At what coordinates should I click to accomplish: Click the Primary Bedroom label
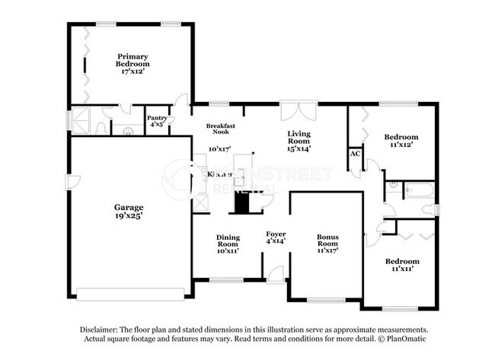(132, 61)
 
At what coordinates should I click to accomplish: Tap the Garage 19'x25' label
(129, 211)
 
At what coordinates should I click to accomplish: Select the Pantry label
(157, 121)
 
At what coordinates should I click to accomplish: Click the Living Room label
(298, 140)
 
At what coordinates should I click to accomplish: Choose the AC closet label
(355, 153)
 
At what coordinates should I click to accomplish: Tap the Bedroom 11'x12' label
(401, 141)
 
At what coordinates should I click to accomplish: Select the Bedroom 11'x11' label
(401, 265)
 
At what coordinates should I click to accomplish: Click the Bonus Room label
(327, 241)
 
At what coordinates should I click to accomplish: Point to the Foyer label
(275, 237)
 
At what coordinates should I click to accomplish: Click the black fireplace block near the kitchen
(241, 203)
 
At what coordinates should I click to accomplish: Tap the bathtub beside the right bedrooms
(418, 190)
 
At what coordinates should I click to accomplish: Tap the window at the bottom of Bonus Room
(326, 301)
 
